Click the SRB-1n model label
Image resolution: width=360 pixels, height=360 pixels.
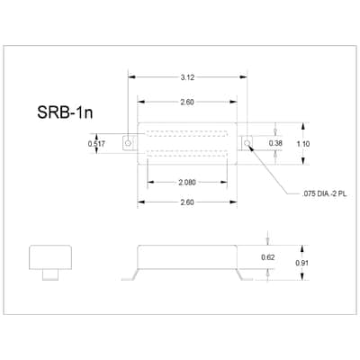click(x=65, y=112)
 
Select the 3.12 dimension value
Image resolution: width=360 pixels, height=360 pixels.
click(x=187, y=77)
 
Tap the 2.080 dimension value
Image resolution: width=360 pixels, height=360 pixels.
click(x=187, y=182)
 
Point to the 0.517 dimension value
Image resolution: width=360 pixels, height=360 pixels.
click(x=96, y=144)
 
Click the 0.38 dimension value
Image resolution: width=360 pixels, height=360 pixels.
click(x=275, y=143)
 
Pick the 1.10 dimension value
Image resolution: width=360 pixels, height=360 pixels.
click(x=303, y=144)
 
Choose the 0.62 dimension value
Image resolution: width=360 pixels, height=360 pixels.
click(x=268, y=257)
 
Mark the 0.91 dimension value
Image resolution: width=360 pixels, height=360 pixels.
click(x=301, y=263)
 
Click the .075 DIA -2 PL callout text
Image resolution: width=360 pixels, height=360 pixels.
click(x=325, y=193)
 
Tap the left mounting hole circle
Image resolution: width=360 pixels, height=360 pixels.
click(x=128, y=143)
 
